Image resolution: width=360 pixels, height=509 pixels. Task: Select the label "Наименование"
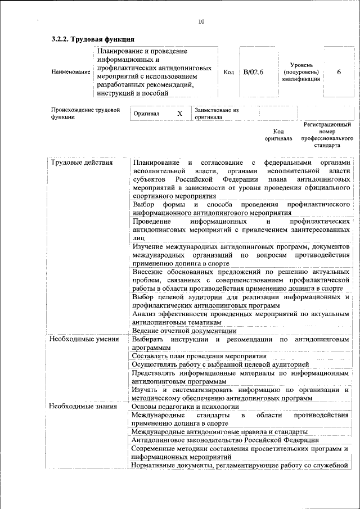[x=70, y=72]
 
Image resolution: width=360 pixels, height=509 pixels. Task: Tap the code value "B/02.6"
[x=253, y=72]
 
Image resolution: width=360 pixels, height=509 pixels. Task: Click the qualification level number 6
[x=339, y=72]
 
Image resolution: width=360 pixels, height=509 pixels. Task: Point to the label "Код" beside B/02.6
[x=228, y=72]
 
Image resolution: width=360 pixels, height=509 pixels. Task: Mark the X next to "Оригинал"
[x=180, y=114]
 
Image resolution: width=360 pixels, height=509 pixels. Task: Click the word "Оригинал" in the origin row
[x=147, y=114]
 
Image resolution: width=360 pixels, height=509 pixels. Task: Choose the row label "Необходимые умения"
[x=84, y=340]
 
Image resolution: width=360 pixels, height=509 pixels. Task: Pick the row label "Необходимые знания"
[x=83, y=406]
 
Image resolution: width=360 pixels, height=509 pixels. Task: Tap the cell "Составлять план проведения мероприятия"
[x=199, y=356]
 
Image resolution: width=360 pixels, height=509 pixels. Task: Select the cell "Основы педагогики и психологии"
[x=182, y=406]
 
